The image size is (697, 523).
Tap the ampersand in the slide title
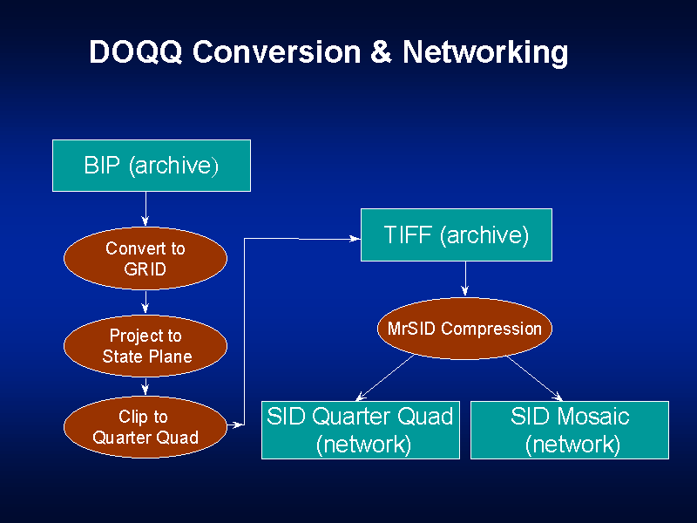point(381,53)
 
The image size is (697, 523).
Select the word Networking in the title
point(485,53)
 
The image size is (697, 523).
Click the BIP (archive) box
point(152,166)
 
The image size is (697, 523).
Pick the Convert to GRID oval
point(145,259)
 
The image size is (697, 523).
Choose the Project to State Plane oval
point(145,346)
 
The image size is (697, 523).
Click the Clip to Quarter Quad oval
point(145,427)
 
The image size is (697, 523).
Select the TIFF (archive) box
point(456,234)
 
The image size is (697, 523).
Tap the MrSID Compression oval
point(464,329)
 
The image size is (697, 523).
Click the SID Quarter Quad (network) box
point(361,430)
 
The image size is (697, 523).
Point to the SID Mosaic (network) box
point(570,430)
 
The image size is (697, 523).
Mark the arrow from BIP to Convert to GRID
point(145,209)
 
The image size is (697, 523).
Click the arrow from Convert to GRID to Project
point(145,302)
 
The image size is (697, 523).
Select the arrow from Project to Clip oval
point(145,386)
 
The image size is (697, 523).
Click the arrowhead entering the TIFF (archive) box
point(355,238)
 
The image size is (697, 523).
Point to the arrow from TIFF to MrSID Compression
point(465,279)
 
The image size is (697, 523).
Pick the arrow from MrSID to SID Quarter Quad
point(384,377)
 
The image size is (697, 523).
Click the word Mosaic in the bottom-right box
point(592,416)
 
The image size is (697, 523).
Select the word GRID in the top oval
point(145,269)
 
